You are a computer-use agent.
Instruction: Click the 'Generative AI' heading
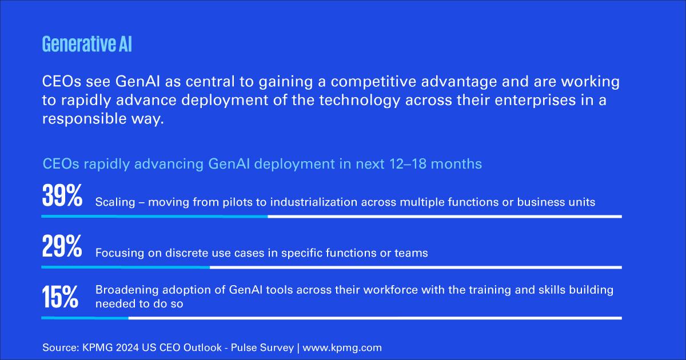87,45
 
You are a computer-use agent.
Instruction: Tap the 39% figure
62,195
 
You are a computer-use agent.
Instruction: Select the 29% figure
62,246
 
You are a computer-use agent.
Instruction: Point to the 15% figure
60,297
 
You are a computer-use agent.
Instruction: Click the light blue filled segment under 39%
155,217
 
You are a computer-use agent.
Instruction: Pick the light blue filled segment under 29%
126,267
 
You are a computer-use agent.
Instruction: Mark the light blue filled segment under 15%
85,318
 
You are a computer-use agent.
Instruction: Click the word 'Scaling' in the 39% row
115,202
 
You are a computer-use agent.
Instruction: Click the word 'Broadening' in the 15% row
127,290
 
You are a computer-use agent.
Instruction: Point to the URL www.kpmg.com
342,348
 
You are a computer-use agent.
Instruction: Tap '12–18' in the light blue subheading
408,164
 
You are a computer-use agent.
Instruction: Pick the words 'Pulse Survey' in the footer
262,348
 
